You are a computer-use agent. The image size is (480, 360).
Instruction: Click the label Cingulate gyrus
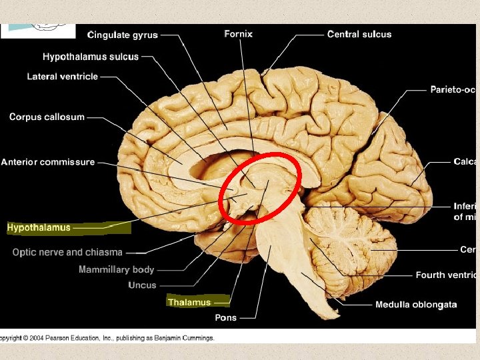[x=123, y=35]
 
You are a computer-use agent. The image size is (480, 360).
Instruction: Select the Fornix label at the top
[x=238, y=33]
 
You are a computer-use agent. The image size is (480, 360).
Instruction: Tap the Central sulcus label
[x=359, y=34]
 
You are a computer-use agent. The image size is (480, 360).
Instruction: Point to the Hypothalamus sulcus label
[x=91, y=57]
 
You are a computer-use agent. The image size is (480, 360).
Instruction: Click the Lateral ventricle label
[x=62, y=77]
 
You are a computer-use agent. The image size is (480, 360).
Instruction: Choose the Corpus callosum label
[x=47, y=117]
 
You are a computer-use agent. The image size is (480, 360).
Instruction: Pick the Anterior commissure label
[x=47, y=162]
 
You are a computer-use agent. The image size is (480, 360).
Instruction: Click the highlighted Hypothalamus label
[x=39, y=228]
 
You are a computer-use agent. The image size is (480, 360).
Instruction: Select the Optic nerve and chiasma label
[x=67, y=252]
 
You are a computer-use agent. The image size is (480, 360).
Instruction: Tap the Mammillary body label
[x=116, y=269]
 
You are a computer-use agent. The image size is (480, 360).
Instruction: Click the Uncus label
[x=142, y=285]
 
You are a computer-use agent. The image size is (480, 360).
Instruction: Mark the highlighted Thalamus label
[x=189, y=303]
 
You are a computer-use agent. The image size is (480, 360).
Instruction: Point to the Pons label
[x=225, y=318]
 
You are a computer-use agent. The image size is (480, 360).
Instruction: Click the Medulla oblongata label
[x=416, y=305]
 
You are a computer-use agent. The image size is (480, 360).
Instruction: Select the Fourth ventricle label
[x=445, y=275]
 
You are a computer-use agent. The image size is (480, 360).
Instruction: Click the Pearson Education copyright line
[x=108, y=338]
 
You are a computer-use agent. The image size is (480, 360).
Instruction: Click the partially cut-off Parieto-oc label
[x=453, y=90]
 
